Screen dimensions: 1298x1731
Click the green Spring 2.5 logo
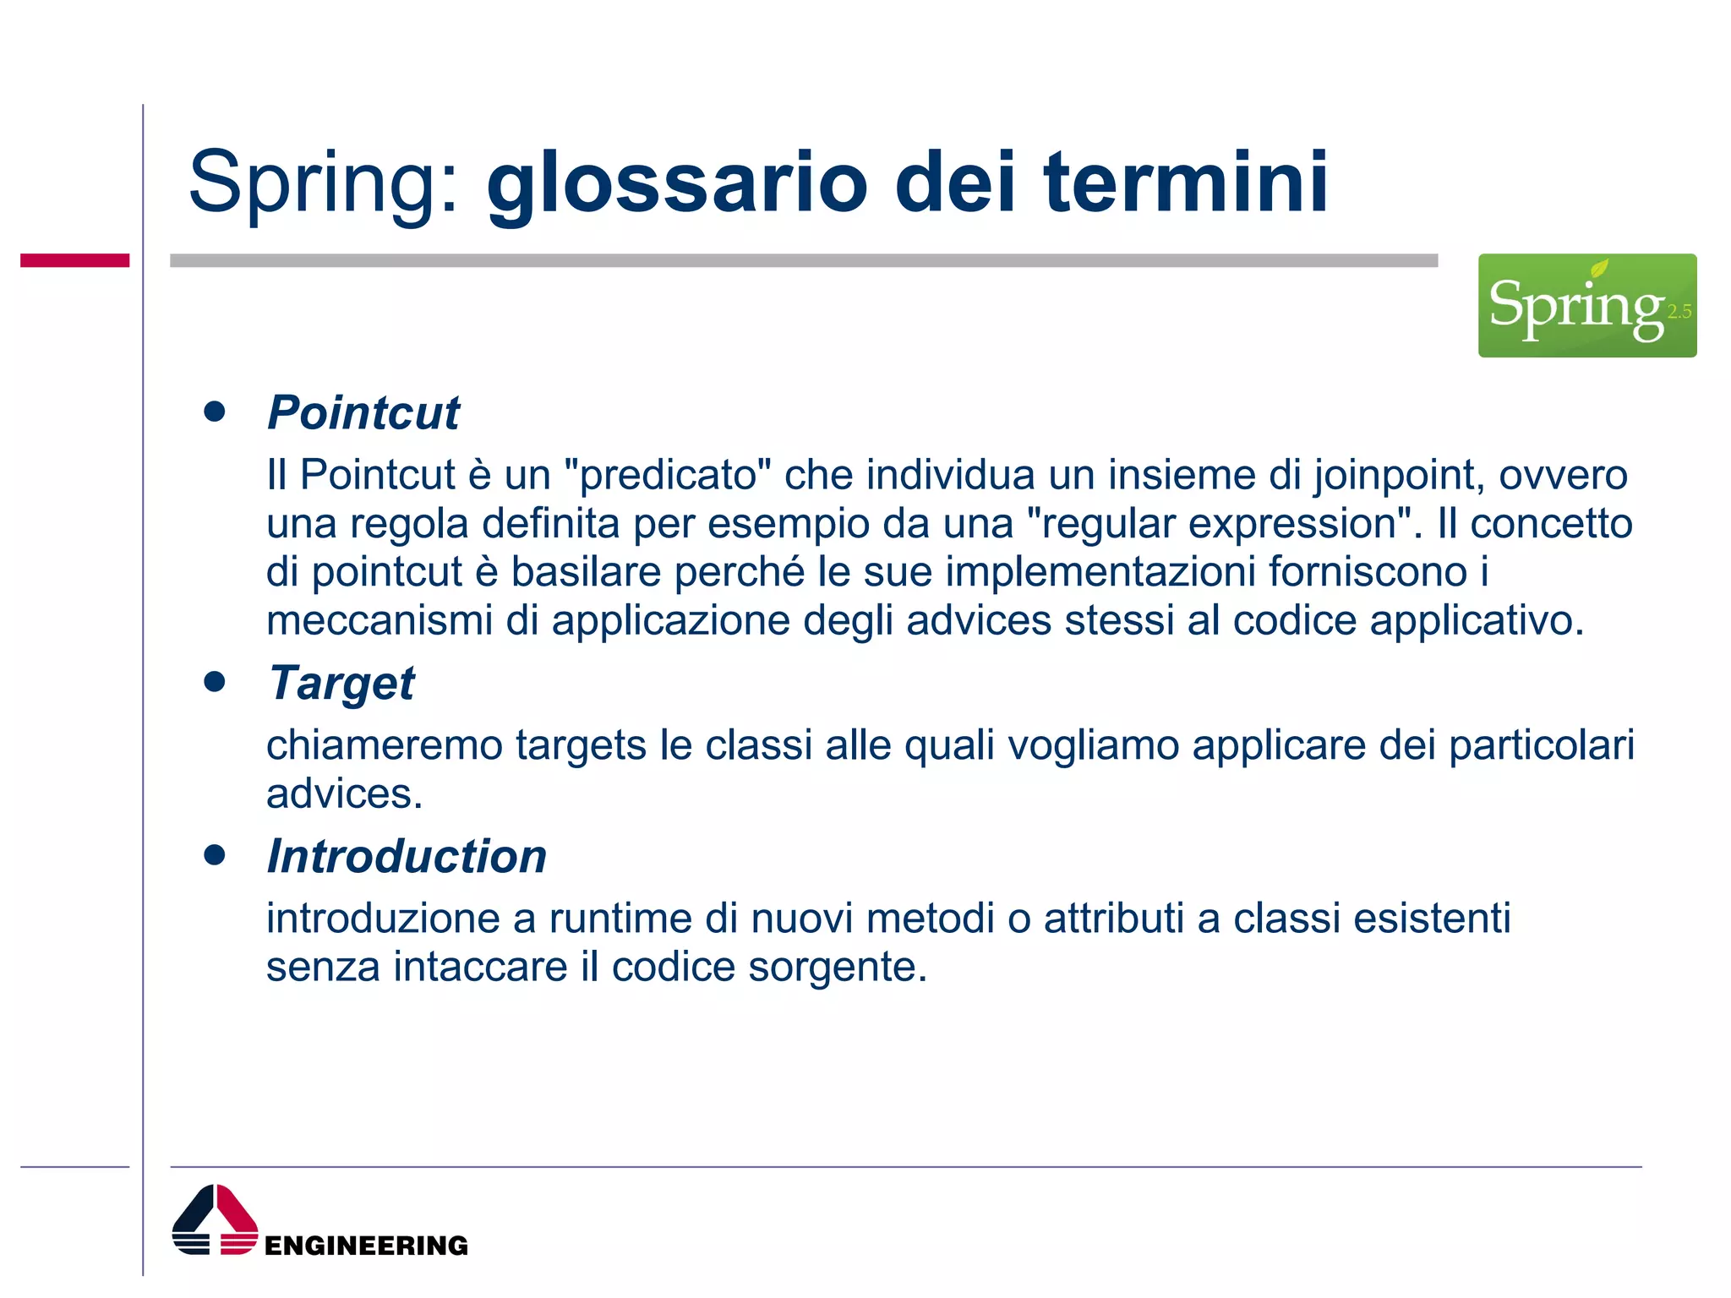1586,305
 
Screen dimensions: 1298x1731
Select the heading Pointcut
363,413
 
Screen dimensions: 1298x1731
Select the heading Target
341,683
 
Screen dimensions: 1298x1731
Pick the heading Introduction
407,856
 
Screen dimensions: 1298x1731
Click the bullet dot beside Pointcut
215,412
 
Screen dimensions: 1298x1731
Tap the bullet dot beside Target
215,681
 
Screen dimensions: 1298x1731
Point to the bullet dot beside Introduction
215,855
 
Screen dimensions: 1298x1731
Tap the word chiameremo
385,746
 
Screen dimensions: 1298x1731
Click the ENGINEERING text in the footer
366,1246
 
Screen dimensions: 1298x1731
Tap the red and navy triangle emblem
215,1219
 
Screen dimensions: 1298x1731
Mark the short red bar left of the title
74,260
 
